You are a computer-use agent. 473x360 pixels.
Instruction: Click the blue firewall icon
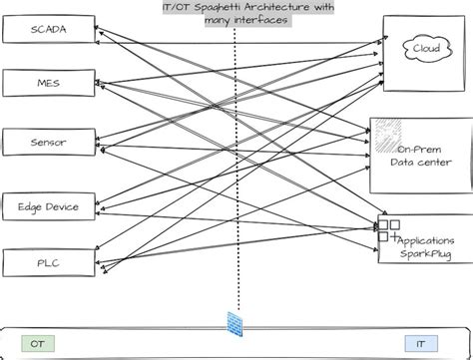[x=236, y=324]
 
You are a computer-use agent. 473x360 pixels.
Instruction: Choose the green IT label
[x=427, y=343]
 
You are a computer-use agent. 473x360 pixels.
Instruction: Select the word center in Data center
[x=439, y=163]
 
